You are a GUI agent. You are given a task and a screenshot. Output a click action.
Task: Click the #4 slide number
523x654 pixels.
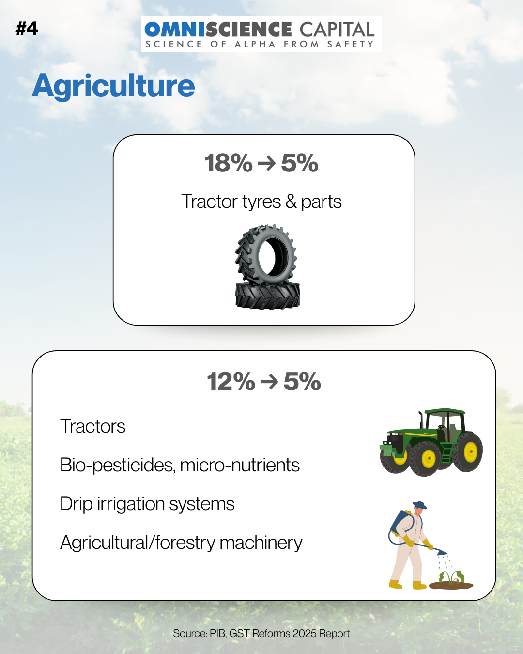27,29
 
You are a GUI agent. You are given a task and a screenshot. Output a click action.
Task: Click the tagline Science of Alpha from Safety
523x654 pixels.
260,45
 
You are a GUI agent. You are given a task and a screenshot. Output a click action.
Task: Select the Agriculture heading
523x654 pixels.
113,86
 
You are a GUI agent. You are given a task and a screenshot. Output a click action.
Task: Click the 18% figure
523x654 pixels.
228,163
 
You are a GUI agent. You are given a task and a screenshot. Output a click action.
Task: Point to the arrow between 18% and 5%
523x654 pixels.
266,164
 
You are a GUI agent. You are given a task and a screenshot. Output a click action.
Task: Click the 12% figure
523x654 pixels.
231,381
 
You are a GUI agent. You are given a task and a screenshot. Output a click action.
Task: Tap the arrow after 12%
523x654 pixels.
269,382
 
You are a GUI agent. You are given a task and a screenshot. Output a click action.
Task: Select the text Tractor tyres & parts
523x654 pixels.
261,202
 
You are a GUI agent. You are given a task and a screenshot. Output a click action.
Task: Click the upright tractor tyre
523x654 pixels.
265,254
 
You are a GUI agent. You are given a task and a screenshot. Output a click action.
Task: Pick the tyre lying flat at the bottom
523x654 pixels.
267,296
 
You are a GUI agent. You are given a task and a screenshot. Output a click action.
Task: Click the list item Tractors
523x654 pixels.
92,426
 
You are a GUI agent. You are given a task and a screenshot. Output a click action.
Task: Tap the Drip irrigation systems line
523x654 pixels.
147,504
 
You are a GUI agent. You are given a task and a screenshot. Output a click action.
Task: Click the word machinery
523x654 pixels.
261,543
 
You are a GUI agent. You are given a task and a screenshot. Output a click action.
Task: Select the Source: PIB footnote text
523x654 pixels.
261,634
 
